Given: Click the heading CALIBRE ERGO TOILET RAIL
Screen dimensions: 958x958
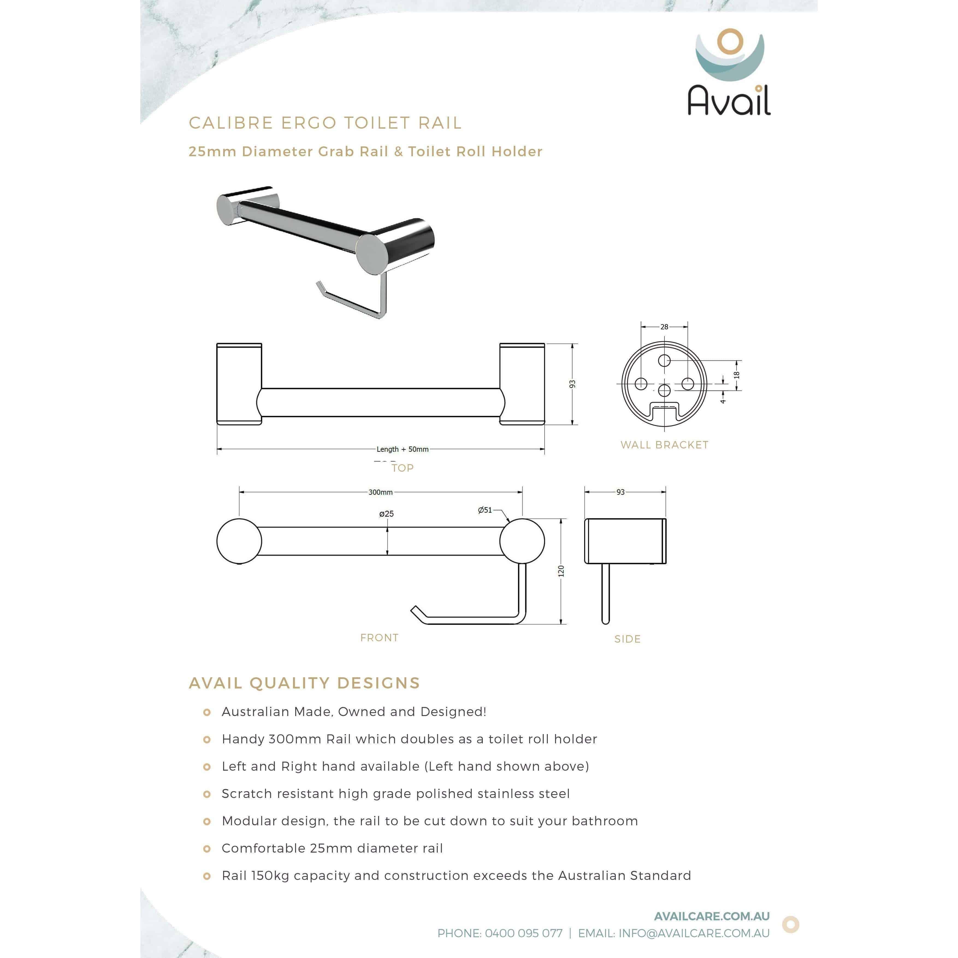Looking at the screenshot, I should [x=325, y=123].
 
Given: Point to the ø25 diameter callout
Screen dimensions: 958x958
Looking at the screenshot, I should [x=386, y=514].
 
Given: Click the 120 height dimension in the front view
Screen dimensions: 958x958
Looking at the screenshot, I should [x=561, y=571].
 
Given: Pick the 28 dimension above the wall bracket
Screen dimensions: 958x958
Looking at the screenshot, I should [x=664, y=327].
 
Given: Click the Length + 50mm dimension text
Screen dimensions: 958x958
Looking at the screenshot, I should [x=402, y=449].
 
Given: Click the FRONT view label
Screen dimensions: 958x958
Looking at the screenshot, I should [x=379, y=638].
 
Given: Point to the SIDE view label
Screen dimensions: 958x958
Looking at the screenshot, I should [x=627, y=639].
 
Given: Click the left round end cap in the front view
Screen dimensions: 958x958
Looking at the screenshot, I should [x=239, y=541].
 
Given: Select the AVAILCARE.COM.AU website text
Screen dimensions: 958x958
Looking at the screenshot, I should [x=712, y=916].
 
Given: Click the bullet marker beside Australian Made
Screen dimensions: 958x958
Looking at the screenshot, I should [x=207, y=712].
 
